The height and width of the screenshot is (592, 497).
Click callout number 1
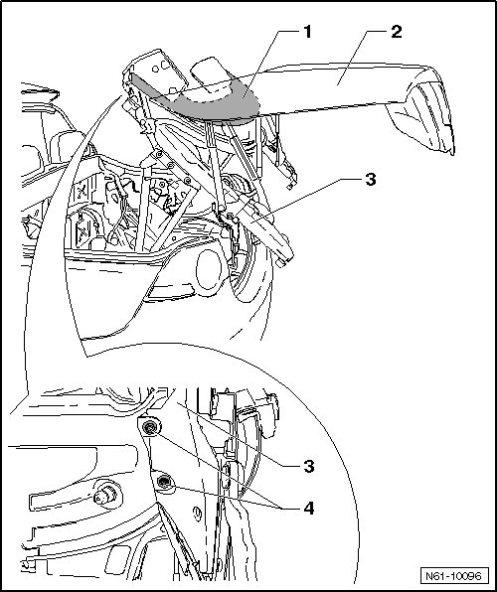[308, 32]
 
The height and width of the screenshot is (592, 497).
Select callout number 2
[396, 32]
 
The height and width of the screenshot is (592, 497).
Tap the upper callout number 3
[371, 180]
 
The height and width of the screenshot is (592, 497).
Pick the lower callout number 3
[309, 467]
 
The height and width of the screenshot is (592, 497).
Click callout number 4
[309, 509]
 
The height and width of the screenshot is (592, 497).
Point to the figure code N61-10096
[454, 576]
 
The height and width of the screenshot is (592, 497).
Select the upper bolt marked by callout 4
[150, 427]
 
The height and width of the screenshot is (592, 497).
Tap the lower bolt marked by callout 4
[164, 482]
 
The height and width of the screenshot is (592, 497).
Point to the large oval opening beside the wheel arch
[209, 271]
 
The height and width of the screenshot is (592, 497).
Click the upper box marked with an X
[83, 192]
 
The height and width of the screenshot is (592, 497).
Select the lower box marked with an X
[83, 228]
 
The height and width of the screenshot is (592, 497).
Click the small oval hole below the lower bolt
[197, 515]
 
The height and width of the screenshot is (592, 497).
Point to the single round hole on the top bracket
[155, 70]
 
